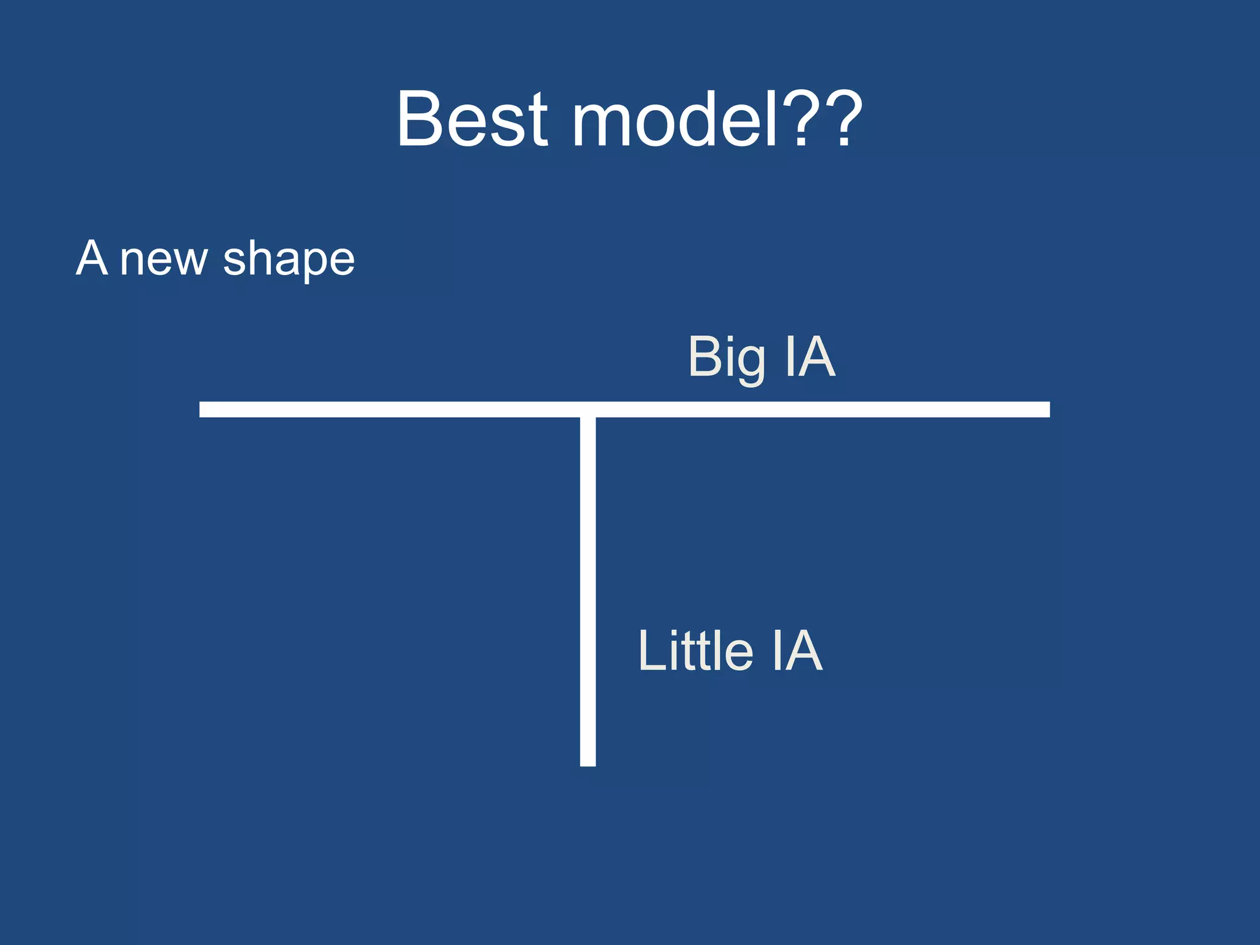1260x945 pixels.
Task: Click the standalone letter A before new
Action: coord(92,258)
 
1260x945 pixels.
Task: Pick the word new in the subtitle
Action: coord(164,259)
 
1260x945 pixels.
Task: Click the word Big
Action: coord(727,358)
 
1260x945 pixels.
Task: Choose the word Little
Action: coord(695,650)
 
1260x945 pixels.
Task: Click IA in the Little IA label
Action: coord(797,650)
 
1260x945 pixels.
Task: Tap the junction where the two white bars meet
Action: coord(588,410)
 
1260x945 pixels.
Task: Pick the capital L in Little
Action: coord(652,650)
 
